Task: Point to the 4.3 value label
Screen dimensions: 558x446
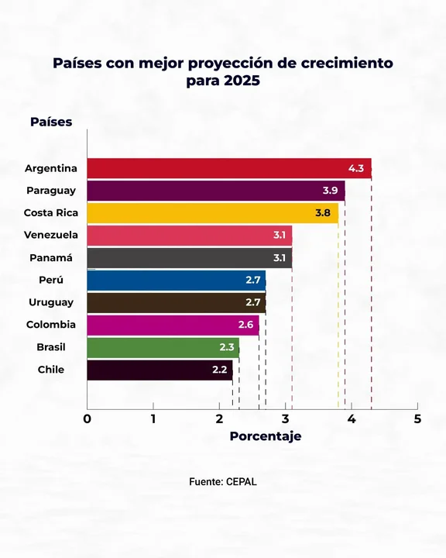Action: (x=356, y=168)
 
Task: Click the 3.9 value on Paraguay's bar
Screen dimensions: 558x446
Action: (x=330, y=191)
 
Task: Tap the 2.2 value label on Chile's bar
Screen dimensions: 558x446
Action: (x=219, y=370)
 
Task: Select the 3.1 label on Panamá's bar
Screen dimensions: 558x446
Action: (x=280, y=258)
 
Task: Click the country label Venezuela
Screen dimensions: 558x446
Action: (x=50, y=235)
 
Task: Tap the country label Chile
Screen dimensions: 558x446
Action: (x=51, y=370)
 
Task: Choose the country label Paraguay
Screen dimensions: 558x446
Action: (x=50, y=191)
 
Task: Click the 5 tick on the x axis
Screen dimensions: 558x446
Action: (x=417, y=419)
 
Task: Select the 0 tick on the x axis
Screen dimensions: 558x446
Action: (x=87, y=419)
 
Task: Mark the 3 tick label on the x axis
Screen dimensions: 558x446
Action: (x=285, y=419)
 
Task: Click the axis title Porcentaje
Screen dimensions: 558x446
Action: (x=266, y=436)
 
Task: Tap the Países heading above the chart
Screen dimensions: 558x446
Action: (x=51, y=122)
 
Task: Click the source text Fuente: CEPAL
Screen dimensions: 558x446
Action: (x=223, y=481)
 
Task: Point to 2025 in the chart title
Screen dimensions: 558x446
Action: (x=242, y=81)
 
